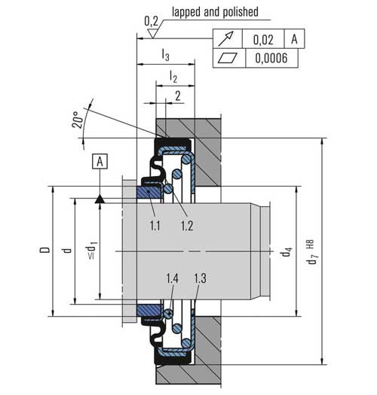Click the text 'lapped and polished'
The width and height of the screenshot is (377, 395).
216,12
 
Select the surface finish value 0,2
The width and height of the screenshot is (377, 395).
150,20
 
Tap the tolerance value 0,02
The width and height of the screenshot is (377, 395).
262,39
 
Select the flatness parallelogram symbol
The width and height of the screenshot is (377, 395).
228,58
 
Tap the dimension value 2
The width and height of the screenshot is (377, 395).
177,95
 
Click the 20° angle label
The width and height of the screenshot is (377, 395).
78,121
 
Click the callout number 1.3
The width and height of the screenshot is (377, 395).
200,279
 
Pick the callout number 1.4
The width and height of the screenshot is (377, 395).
172,279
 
